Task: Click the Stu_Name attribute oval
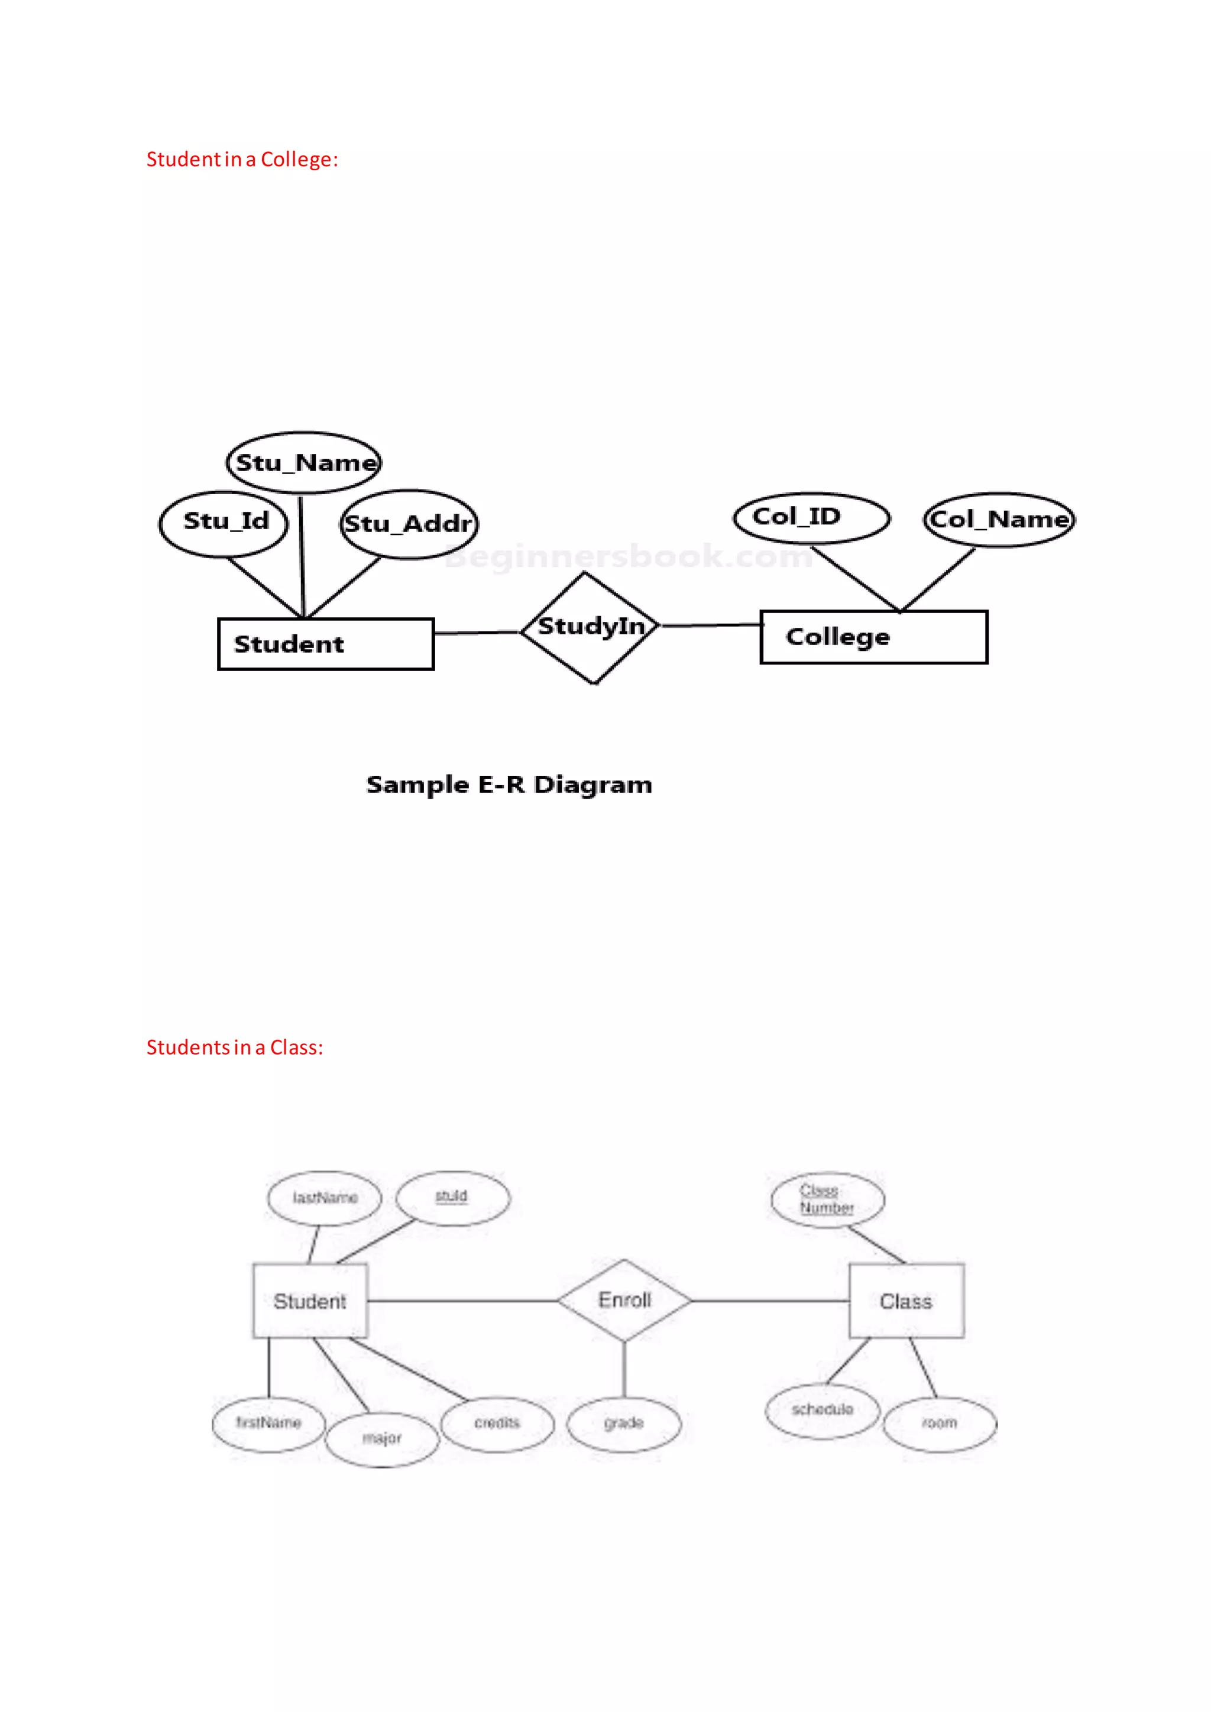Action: pyautogui.click(x=303, y=462)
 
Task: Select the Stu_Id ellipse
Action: pyautogui.click(x=224, y=523)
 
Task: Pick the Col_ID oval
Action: pyautogui.click(x=811, y=517)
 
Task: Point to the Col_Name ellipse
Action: pyautogui.click(x=999, y=519)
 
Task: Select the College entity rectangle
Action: pyautogui.click(x=873, y=637)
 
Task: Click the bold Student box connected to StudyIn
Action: pyautogui.click(x=326, y=644)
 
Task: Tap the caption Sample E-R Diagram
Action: pyautogui.click(x=509, y=784)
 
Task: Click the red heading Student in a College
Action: pyautogui.click(x=242, y=160)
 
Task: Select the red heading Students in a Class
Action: pyautogui.click(x=235, y=1048)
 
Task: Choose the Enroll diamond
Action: pyautogui.click(x=624, y=1301)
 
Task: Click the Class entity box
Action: pyautogui.click(x=906, y=1301)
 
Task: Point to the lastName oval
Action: pyautogui.click(x=325, y=1198)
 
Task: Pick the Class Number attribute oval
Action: pyautogui.click(x=828, y=1199)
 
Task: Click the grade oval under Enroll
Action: pyautogui.click(x=624, y=1424)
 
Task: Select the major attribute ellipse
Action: pyautogui.click(x=382, y=1438)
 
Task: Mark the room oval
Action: pyautogui.click(x=940, y=1424)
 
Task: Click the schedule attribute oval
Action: pyautogui.click(x=823, y=1410)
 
